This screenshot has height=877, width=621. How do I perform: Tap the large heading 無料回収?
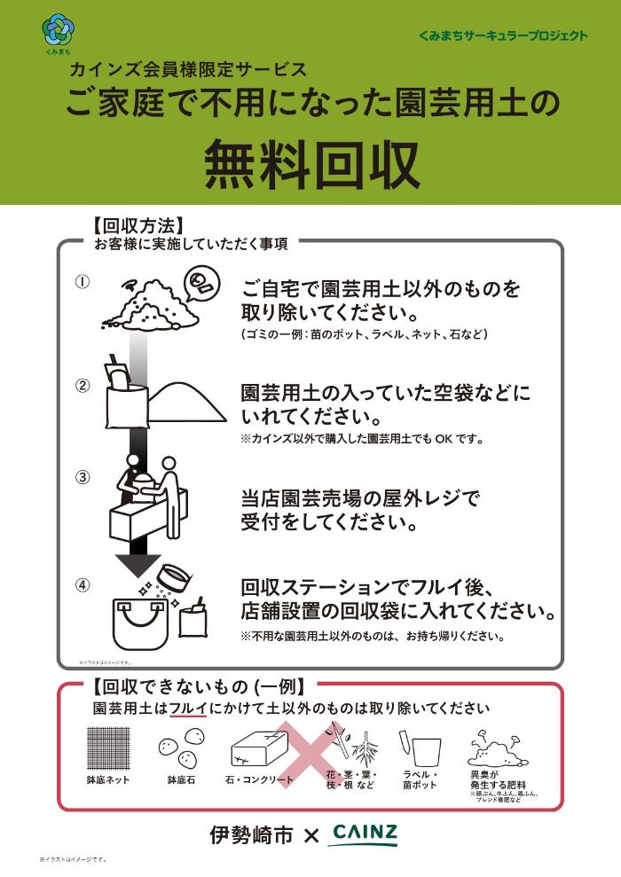pyautogui.click(x=311, y=165)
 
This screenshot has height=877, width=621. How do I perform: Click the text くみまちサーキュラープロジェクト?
pyautogui.click(x=503, y=35)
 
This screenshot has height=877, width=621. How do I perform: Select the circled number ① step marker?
pyautogui.click(x=83, y=281)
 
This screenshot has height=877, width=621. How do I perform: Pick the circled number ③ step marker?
pyautogui.click(x=83, y=476)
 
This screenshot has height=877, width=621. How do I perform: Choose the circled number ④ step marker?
pyautogui.click(x=83, y=584)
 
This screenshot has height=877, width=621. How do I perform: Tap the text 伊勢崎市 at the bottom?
pyautogui.click(x=251, y=835)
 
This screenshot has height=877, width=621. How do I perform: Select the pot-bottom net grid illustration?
pyautogui.click(x=108, y=749)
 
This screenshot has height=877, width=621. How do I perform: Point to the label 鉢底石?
pyautogui.click(x=181, y=780)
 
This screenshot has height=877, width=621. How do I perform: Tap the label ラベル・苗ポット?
pyautogui.click(x=419, y=779)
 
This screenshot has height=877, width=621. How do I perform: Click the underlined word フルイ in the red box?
pyautogui.click(x=188, y=709)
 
